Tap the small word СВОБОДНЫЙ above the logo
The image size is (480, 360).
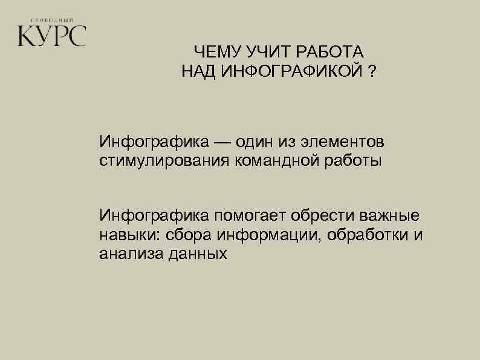tap(51, 19)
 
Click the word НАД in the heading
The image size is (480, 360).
tap(198, 73)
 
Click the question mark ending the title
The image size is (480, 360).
tap(370, 73)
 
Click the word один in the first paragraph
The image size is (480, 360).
tap(255, 142)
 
